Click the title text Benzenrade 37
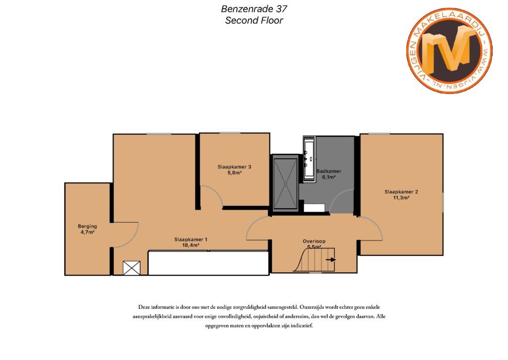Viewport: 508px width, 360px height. click(254, 9)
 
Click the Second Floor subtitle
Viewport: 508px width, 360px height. click(254, 20)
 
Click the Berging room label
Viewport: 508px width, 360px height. click(87, 226)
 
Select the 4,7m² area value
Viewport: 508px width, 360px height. click(87, 232)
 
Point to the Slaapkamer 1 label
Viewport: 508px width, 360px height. click(190, 240)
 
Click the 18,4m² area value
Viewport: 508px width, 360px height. click(190, 245)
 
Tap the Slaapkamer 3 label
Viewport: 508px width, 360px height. click(234, 167)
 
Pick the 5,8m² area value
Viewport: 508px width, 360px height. click(234, 173)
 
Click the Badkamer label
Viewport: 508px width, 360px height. click(329, 171)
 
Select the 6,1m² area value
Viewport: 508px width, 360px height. click(329, 177)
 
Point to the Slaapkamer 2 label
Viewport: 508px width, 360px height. click(401, 192)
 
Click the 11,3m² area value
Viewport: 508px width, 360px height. click(401, 197)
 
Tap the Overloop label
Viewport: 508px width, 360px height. click(314, 241)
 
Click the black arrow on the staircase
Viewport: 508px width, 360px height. click(331, 260)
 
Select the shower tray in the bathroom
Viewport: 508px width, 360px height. click(285, 183)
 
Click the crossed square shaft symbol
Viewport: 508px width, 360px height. click(131, 268)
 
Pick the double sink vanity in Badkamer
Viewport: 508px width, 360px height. click(309, 159)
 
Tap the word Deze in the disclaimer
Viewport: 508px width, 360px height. click(144, 307)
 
